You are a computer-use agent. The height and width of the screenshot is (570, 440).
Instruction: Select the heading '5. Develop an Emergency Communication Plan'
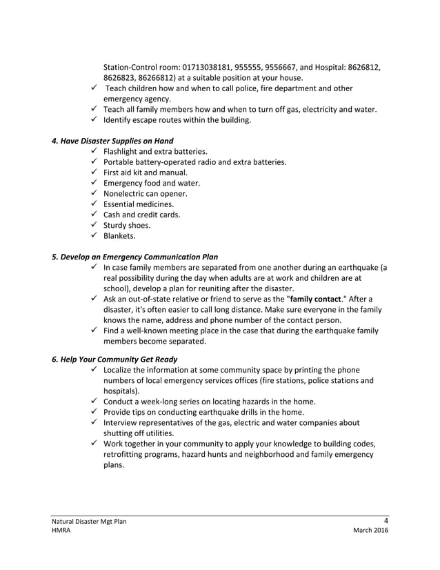(134, 257)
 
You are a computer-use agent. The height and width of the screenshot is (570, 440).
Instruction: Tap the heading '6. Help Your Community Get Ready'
(114, 359)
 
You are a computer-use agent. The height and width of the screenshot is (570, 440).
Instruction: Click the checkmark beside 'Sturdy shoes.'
(93, 225)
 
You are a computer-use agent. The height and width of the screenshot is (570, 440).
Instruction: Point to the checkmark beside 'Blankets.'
(93, 235)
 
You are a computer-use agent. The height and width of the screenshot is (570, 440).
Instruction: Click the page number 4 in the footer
(386, 521)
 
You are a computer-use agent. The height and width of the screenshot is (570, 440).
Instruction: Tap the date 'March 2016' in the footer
(370, 531)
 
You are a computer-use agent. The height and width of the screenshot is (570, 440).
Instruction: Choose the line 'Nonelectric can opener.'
(146, 194)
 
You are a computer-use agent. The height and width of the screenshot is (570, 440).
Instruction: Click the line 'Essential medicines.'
(139, 204)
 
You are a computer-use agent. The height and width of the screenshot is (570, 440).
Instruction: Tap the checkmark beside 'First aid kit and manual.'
(93, 173)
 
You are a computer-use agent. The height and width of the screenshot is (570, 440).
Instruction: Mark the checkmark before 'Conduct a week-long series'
(93, 401)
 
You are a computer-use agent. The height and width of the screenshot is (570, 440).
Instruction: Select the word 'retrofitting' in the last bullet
(125, 454)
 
